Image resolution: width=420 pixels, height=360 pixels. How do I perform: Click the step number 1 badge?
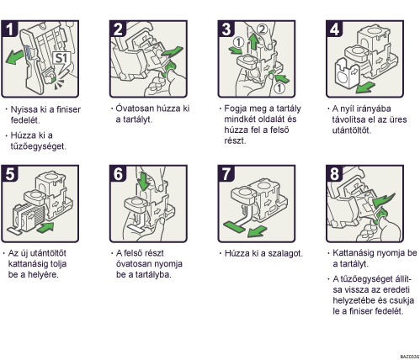click(x=9, y=29)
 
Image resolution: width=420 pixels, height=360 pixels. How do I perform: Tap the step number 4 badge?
click(x=334, y=29)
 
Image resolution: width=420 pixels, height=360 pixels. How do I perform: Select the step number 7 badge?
click(x=226, y=174)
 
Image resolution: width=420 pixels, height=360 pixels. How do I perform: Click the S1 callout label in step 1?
click(x=61, y=58)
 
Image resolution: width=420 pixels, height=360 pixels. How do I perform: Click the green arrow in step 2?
click(x=172, y=52)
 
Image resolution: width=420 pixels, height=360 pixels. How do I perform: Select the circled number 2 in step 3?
click(x=262, y=29)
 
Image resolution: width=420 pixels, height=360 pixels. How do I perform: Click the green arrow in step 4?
click(x=364, y=87)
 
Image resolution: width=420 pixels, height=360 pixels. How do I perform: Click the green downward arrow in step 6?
click(x=144, y=182)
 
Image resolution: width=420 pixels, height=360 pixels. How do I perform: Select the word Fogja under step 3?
click(x=235, y=109)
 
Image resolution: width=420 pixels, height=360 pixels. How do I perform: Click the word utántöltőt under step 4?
click(x=352, y=130)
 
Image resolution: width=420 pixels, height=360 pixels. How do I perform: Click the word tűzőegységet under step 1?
click(x=38, y=146)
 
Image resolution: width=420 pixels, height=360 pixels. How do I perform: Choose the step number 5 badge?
click(x=9, y=174)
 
